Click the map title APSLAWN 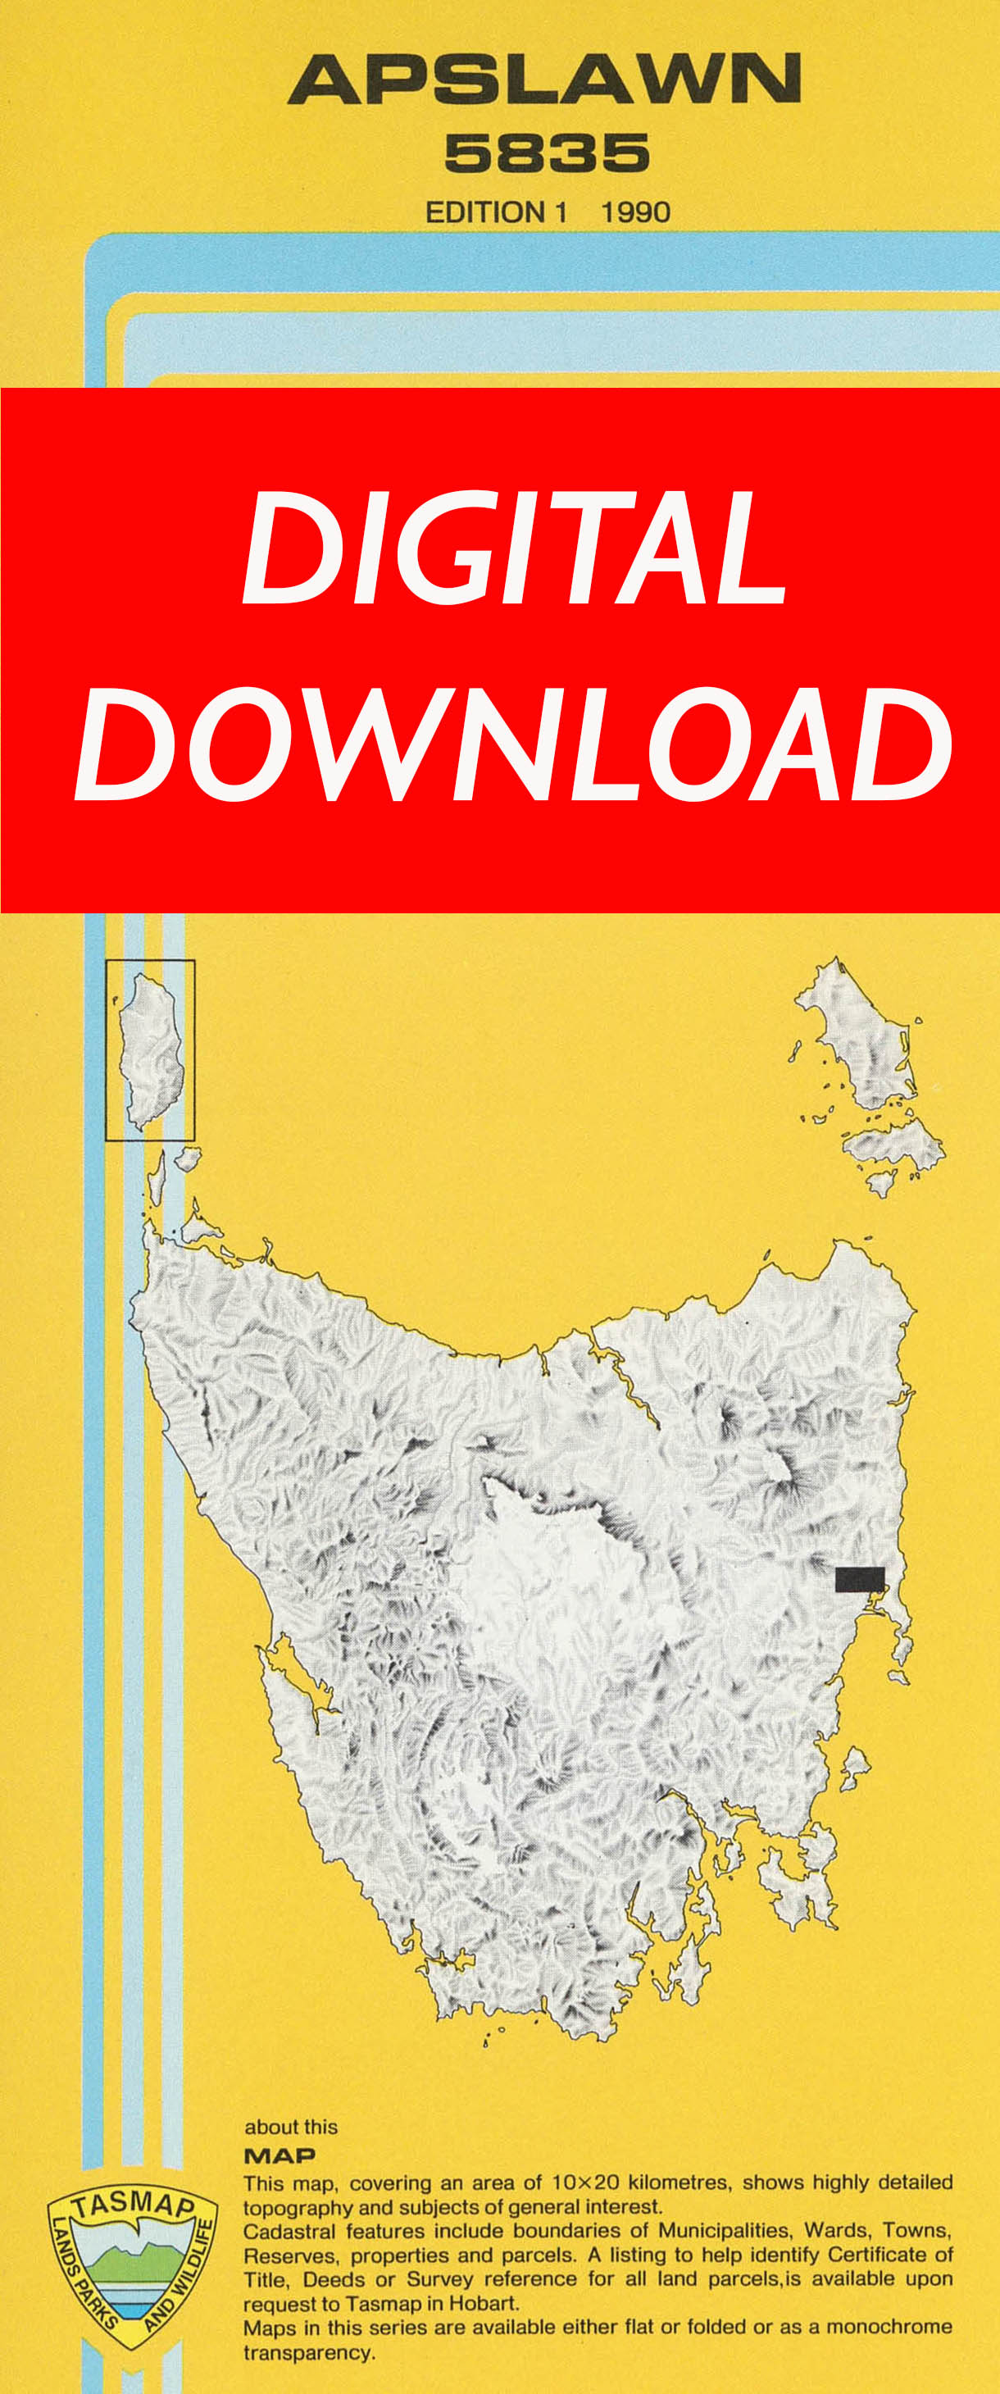pyautogui.click(x=543, y=79)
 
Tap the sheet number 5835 pyautogui.click(x=547, y=153)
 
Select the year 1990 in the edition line pyautogui.click(x=636, y=213)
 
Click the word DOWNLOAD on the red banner pyautogui.click(x=513, y=745)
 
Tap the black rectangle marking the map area pyautogui.click(x=860, y=1579)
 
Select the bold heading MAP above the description pyautogui.click(x=279, y=2155)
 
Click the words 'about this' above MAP pyautogui.click(x=291, y=2128)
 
